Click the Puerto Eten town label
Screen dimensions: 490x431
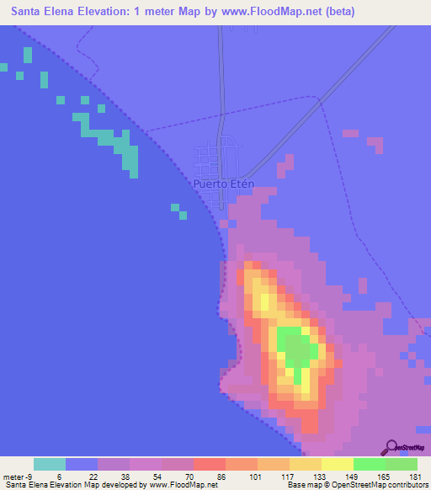click(223, 184)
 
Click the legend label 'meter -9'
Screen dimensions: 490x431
click(19, 477)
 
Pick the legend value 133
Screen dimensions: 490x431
click(317, 477)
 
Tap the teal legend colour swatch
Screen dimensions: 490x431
click(50, 464)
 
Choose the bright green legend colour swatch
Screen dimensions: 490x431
click(370, 464)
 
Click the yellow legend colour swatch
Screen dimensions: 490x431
click(338, 464)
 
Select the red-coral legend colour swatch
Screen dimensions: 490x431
click(210, 464)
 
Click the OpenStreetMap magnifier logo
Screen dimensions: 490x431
click(391, 447)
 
